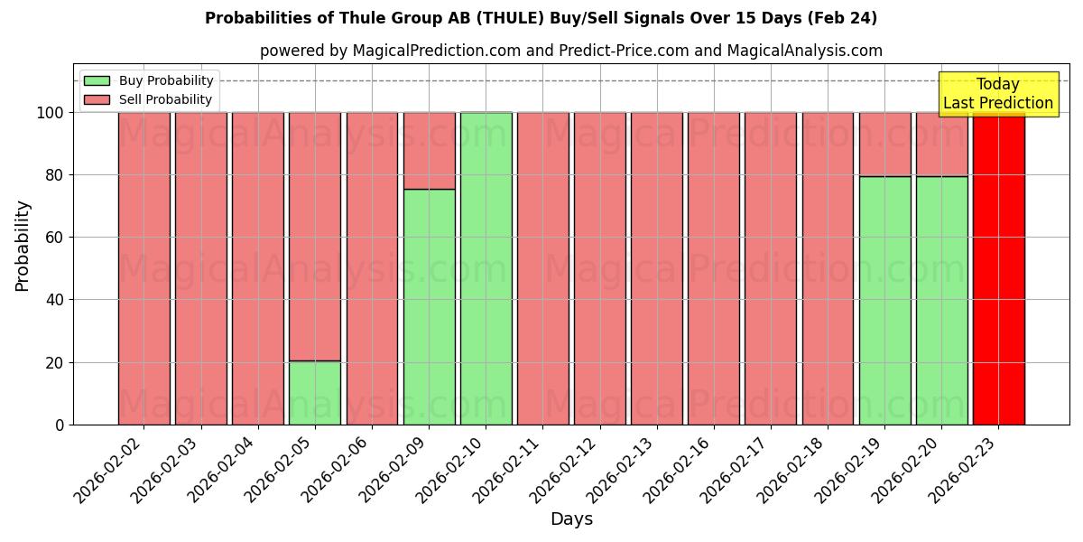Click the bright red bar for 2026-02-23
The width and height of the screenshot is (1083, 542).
998,271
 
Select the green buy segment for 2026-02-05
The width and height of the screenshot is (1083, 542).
315,393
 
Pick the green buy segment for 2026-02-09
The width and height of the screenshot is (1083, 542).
429,307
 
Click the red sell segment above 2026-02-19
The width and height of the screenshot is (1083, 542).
884,145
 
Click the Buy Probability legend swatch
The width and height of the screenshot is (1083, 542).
97,80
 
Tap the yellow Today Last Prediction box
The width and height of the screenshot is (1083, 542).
998,94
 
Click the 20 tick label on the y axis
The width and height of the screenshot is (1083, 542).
55,363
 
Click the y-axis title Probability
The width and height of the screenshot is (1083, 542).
23,246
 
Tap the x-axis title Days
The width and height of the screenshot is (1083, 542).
571,519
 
